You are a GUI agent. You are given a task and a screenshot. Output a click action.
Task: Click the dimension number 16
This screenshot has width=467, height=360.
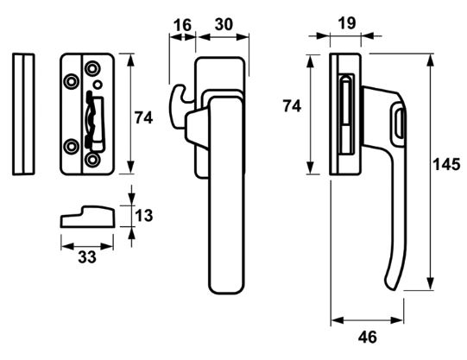pyautogui.click(x=180, y=25)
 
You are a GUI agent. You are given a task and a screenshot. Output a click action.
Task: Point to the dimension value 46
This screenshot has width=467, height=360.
pyautogui.click(x=368, y=337)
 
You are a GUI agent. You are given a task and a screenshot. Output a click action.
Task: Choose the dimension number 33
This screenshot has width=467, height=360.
pyautogui.click(x=87, y=257)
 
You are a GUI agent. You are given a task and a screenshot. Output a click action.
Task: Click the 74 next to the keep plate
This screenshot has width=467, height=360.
pyautogui.click(x=144, y=118)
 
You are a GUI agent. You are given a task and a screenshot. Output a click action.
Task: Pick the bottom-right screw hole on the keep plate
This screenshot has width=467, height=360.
pyautogui.click(x=93, y=160)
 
